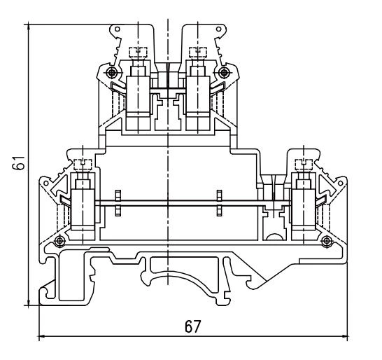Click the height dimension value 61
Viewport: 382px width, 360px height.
(14, 165)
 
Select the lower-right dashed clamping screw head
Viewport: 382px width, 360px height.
(304, 166)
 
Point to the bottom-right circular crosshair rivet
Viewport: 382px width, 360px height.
(327, 242)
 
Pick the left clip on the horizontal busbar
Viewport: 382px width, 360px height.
(118, 204)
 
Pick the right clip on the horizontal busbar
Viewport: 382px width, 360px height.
(220, 204)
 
